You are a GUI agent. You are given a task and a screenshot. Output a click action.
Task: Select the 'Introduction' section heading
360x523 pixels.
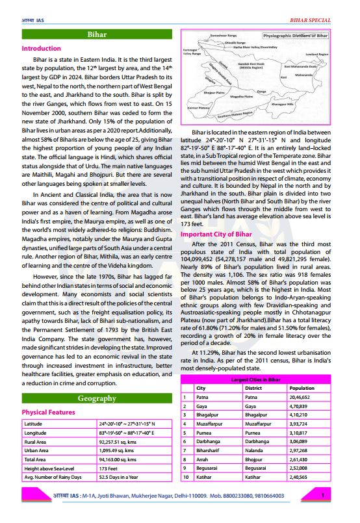[42, 49]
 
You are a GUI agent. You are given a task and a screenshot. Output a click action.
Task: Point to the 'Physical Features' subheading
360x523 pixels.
[49, 412]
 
